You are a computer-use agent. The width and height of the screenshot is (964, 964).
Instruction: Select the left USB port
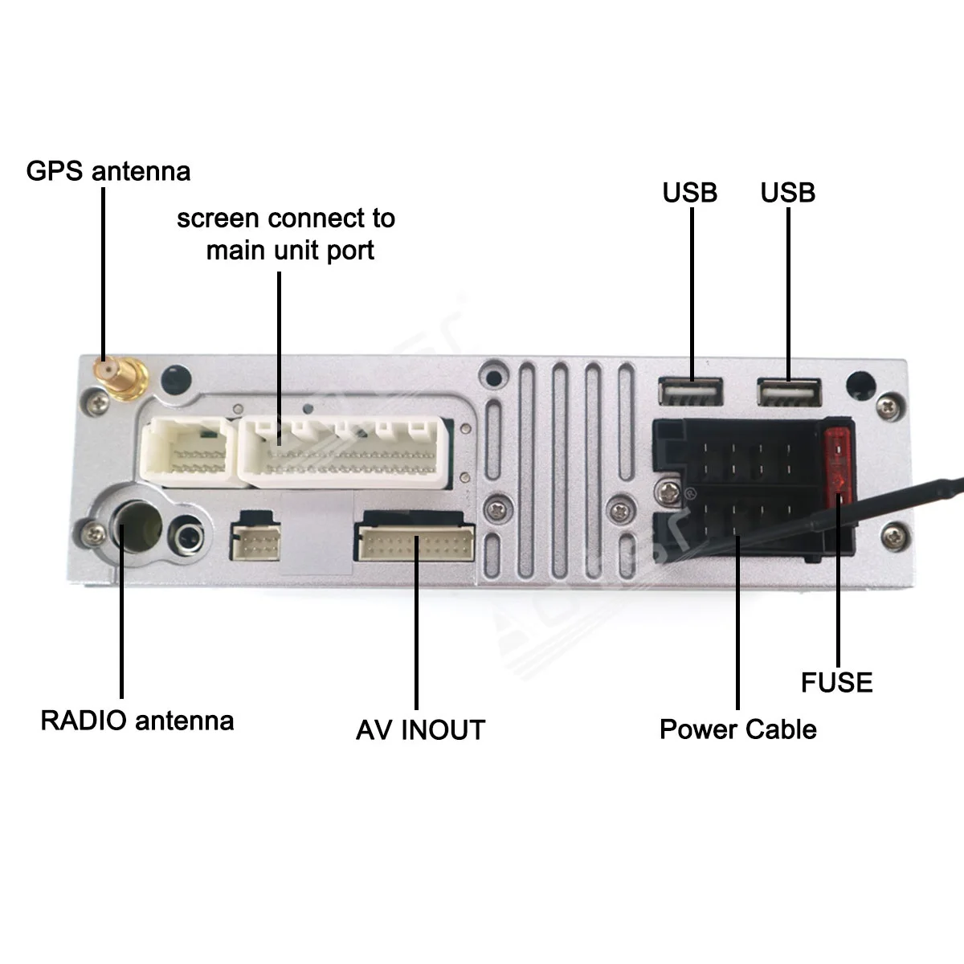692,391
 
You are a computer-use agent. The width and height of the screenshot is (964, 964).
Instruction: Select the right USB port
789,392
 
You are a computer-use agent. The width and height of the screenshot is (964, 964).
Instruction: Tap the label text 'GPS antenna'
108,171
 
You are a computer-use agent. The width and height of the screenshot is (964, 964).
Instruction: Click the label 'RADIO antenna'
137,720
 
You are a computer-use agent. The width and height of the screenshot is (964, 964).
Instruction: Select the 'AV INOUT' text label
420,730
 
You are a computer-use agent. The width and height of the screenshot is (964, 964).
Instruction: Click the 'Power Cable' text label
737,729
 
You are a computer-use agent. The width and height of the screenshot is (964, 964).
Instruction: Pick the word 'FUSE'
836,683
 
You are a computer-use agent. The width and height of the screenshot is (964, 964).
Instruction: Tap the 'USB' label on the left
690,193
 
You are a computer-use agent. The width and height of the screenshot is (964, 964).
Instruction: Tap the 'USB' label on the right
788,193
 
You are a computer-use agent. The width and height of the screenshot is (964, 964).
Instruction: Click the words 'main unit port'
290,251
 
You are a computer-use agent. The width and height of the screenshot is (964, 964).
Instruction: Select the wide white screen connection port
346,452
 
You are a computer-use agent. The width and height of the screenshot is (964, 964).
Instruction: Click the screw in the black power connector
667,490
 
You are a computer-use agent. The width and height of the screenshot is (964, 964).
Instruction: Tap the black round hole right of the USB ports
860,384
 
